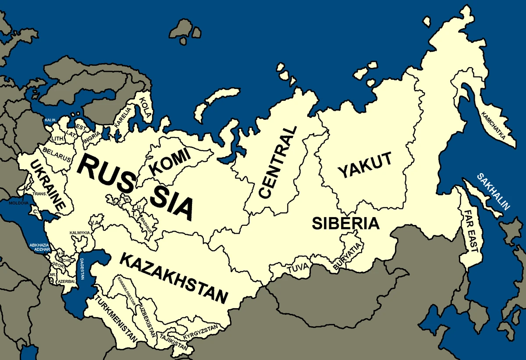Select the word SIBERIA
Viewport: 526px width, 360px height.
[345, 223]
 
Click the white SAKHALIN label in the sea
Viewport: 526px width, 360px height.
[494, 192]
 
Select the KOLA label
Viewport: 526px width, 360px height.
[145, 109]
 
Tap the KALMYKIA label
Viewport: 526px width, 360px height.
[80, 232]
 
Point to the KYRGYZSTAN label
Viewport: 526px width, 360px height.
[200, 332]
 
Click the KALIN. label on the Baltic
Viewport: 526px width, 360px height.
[50, 119]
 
